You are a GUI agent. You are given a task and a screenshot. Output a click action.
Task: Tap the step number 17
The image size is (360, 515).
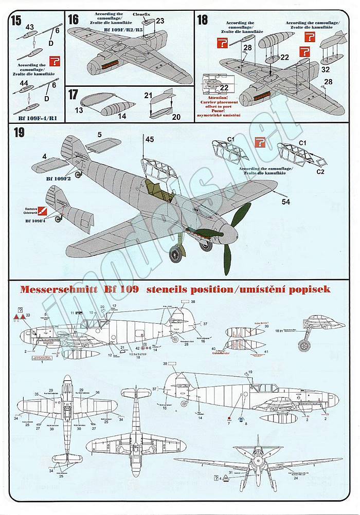[x=74, y=95]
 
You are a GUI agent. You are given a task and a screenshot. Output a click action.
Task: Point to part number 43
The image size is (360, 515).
[x=29, y=27]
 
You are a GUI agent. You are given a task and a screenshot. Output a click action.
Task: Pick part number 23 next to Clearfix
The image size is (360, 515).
[x=160, y=21]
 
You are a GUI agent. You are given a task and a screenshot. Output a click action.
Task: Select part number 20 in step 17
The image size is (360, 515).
[x=176, y=117]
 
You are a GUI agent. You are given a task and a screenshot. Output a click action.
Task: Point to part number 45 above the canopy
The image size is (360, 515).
[x=149, y=139]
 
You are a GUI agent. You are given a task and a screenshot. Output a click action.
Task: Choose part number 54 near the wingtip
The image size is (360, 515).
[x=285, y=202]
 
